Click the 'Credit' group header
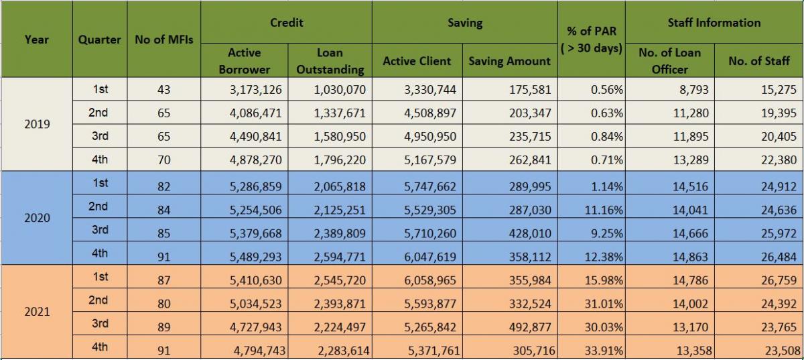287,23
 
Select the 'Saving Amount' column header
509,61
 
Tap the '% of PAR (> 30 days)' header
591,40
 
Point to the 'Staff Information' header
714,23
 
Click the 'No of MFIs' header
163,40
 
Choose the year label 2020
36,218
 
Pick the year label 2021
36,312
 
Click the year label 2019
36,124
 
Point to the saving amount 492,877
529,327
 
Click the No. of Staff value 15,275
779,89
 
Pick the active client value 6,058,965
429,280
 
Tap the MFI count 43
163,89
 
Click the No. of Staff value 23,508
779,351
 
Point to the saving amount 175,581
529,89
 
